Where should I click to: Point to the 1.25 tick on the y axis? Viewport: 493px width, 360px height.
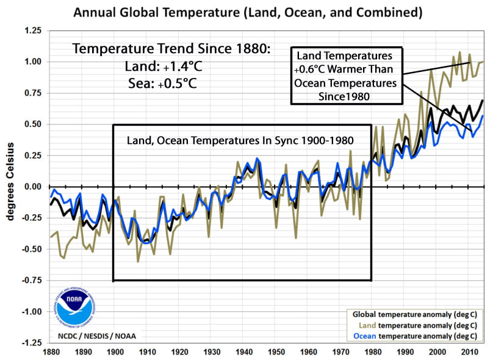pos(33,31)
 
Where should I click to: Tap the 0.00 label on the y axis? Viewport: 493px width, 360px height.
pos(33,187)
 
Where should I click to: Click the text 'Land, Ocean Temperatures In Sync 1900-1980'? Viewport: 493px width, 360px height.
pos(240,140)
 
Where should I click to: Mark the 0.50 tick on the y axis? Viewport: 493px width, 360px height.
pos(33,124)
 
